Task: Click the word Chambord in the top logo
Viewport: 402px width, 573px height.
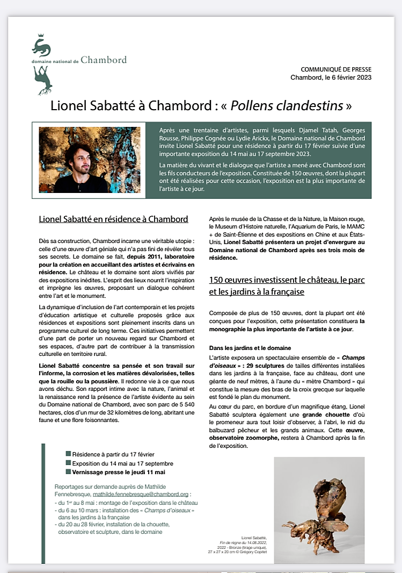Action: pyautogui.click(x=104, y=60)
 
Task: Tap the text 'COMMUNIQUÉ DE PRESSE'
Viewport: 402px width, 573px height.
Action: pyautogui.click(x=336, y=70)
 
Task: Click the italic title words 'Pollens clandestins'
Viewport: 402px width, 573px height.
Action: pyautogui.click(x=290, y=105)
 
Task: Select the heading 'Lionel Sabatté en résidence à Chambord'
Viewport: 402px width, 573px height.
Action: pyautogui.click(x=114, y=219)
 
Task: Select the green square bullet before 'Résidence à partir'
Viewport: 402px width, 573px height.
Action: pyautogui.click(x=68, y=454)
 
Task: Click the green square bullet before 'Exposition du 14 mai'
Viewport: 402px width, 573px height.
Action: pyautogui.click(x=68, y=463)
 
